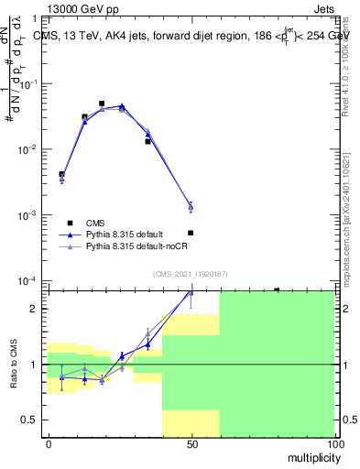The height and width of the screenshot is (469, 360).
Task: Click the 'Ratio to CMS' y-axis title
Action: coord(13,364)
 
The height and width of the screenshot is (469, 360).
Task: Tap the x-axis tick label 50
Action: coord(191,444)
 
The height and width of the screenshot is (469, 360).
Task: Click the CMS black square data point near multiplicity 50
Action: coord(191,233)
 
